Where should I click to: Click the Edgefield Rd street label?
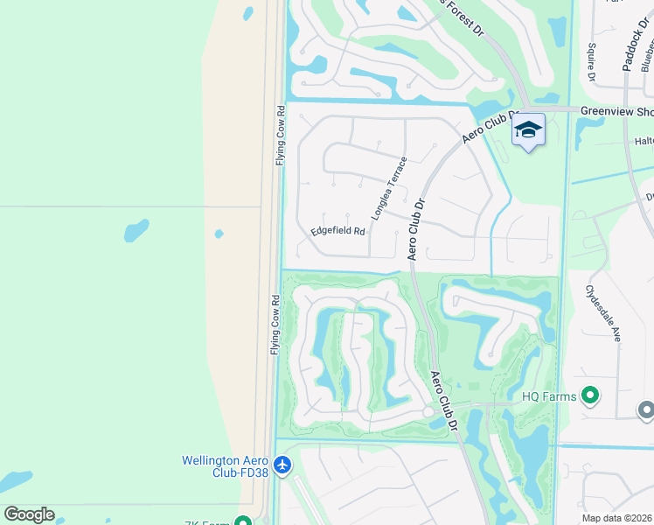click(337, 231)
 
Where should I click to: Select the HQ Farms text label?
click(549, 396)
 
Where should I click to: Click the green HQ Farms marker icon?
click(590, 396)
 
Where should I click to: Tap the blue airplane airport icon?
click(282, 465)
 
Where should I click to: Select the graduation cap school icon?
click(528, 130)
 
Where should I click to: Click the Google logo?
click(29, 514)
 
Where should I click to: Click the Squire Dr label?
click(592, 63)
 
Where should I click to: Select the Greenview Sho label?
click(619, 111)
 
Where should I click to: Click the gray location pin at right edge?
click(646, 409)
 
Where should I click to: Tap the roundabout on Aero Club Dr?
click(428, 411)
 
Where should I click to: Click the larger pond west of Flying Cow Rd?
click(136, 231)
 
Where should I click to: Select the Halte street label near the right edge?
click(644, 141)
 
